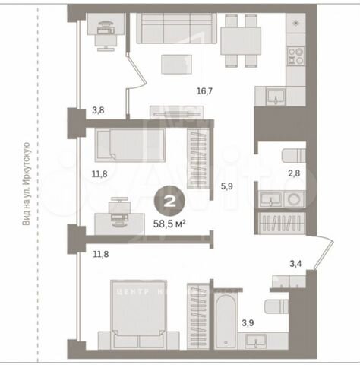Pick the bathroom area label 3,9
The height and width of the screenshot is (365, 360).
248,323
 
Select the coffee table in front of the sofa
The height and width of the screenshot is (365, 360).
179,65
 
